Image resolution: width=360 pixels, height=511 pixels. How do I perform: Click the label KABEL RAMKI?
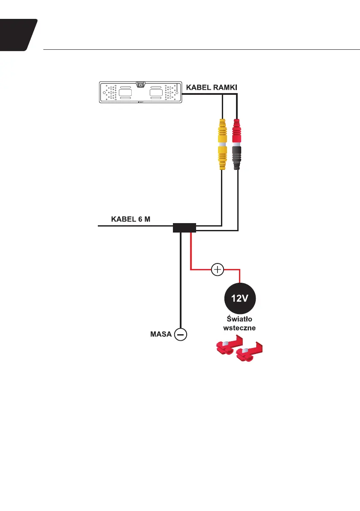(212, 87)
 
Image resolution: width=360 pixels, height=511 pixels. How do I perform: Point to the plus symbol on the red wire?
(218, 269)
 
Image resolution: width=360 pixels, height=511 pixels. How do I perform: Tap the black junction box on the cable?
(185, 227)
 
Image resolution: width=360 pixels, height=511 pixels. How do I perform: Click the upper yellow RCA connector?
(222, 131)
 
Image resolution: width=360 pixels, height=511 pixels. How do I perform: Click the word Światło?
(241, 319)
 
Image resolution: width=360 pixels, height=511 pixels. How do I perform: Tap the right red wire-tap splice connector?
(248, 354)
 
